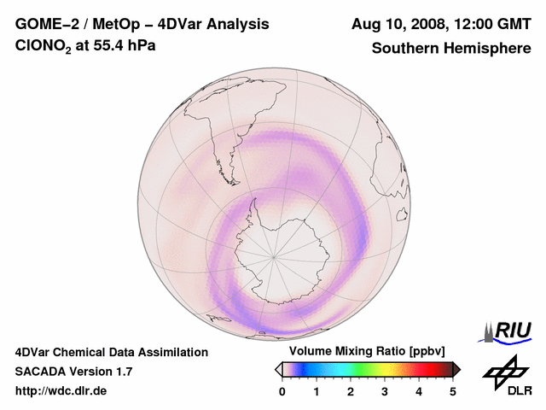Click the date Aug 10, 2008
pyautogui.click(x=400, y=25)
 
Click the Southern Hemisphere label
pyautogui.click(x=451, y=49)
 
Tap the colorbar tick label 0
pyautogui.click(x=282, y=391)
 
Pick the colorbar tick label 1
pyautogui.click(x=317, y=391)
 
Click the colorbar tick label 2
pyautogui.click(x=351, y=391)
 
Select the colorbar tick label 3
pyautogui.click(x=385, y=391)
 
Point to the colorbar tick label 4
pyautogui.click(x=419, y=391)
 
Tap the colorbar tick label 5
pyautogui.click(x=453, y=391)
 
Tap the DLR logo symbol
pyautogui.click(x=502, y=371)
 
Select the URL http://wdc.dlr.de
pyautogui.click(x=61, y=391)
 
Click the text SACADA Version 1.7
pyautogui.click(x=73, y=372)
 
